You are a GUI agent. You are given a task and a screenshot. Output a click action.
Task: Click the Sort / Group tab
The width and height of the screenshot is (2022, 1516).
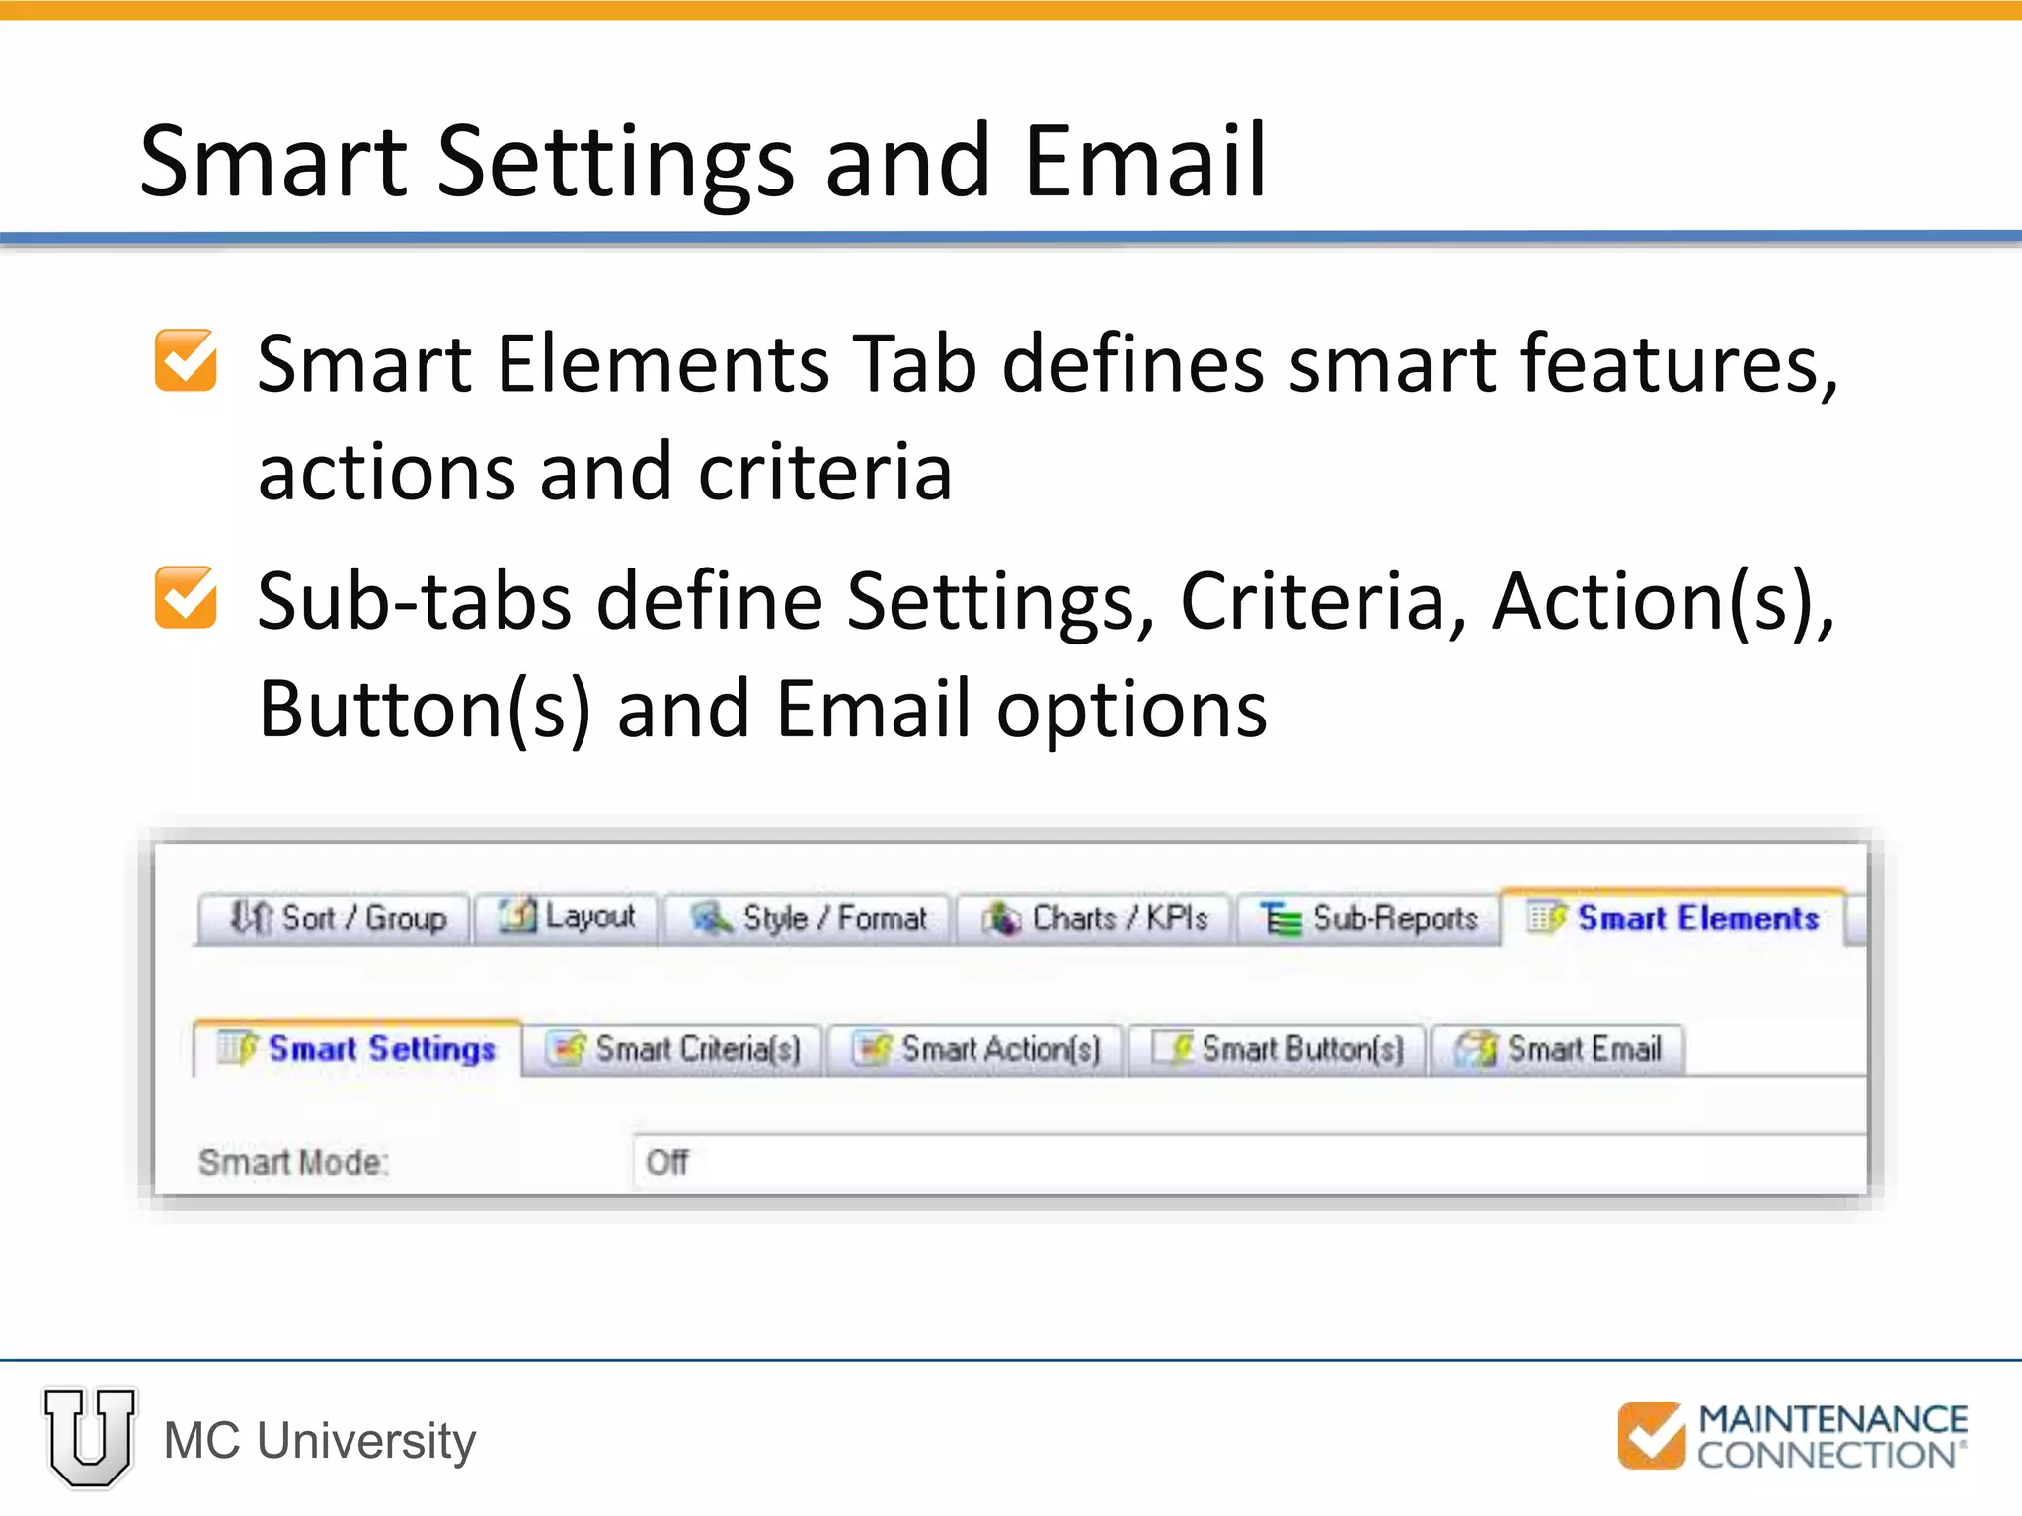(335, 918)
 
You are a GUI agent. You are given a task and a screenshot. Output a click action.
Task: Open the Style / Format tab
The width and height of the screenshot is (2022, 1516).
(808, 919)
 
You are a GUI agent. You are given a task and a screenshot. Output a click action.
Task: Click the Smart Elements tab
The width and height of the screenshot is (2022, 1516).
(1672, 918)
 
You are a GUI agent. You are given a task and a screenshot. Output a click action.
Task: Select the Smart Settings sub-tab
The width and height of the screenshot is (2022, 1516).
(357, 1048)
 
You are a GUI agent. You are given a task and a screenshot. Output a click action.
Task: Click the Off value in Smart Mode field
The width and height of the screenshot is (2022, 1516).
(667, 1162)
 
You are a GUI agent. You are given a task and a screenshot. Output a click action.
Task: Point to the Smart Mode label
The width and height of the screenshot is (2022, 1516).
(293, 1162)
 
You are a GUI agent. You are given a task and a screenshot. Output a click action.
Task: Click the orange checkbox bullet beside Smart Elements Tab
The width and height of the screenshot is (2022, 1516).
(186, 360)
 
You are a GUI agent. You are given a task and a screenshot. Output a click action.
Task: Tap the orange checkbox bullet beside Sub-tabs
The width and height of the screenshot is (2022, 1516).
(186, 597)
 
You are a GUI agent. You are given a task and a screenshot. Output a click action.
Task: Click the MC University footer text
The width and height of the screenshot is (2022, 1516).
(319, 1440)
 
